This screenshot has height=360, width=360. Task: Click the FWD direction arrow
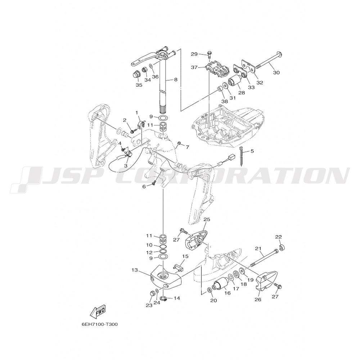click(x=98, y=311)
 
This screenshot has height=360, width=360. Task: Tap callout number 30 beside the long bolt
click(x=276, y=73)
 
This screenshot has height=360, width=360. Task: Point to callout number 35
click(x=139, y=85)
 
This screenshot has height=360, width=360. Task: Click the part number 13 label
click(x=135, y=270)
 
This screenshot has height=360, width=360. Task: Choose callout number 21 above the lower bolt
click(x=258, y=248)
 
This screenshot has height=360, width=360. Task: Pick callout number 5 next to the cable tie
click(x=252, y=151)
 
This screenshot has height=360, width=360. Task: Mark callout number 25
click(x=207, y=220)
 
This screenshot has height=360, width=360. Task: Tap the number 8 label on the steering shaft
click(x=176, y=80)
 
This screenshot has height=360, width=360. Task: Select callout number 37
click(x=194, y=67)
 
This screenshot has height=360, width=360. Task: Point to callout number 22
click(x=279, y=237)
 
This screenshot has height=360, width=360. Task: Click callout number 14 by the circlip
click(x=177, y=298)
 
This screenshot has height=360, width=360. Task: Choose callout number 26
click(x=258, y=300)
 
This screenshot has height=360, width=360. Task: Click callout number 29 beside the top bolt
click(x=194, y=54)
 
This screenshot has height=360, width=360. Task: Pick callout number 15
click(x=185, y=256)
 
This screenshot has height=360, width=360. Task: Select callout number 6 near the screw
click(x=144, y=186)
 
